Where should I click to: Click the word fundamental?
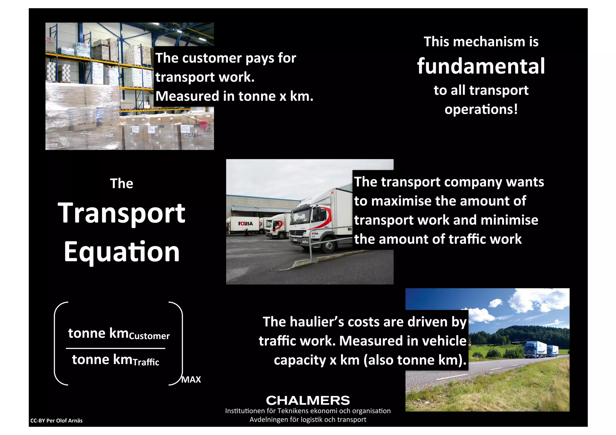coord(481,66)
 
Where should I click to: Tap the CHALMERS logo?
coord(308,400)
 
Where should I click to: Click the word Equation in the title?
coord(122,252)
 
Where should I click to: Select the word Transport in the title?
coord(122,213)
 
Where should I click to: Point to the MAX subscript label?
coord(191,380)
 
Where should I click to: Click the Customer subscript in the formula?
coord(149,336)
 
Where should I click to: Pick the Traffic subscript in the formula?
coord(146,362)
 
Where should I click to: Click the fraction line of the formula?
coord(115,348)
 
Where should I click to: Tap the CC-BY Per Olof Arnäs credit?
coord(56,421)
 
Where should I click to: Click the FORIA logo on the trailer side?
coord(245,224)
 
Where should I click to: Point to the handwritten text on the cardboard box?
coord(193,135)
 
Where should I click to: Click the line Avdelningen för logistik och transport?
coord(308,419)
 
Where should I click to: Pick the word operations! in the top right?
coord(481,109)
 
